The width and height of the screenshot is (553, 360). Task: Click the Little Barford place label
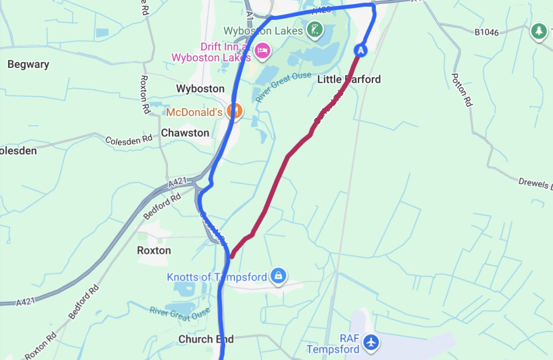click(x=348, y=79)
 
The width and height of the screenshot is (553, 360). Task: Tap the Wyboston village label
click(x=200, y=89)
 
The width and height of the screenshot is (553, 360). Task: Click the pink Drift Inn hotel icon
click(x=263, y=50)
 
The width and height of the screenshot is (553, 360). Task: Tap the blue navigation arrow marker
click(x=360, y=50)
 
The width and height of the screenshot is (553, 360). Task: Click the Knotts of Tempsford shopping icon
click(x=278, y=275)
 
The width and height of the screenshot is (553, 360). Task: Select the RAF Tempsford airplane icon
click(x=371, y=343)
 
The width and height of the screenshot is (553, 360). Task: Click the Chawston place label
click(x=185, y=133)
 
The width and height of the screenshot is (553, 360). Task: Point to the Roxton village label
click(x=154, y=251)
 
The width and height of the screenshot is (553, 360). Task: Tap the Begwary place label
click(x=28, y=65)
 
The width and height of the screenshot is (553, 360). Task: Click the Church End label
click(x=206, y=339)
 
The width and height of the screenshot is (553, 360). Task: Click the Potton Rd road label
click(x=462, y=90)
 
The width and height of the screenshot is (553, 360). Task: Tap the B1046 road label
click(x=486, y=32)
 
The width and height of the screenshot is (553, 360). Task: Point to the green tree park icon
click(x=538, y=31)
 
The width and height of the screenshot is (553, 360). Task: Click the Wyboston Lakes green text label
click(x=262, y=31)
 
